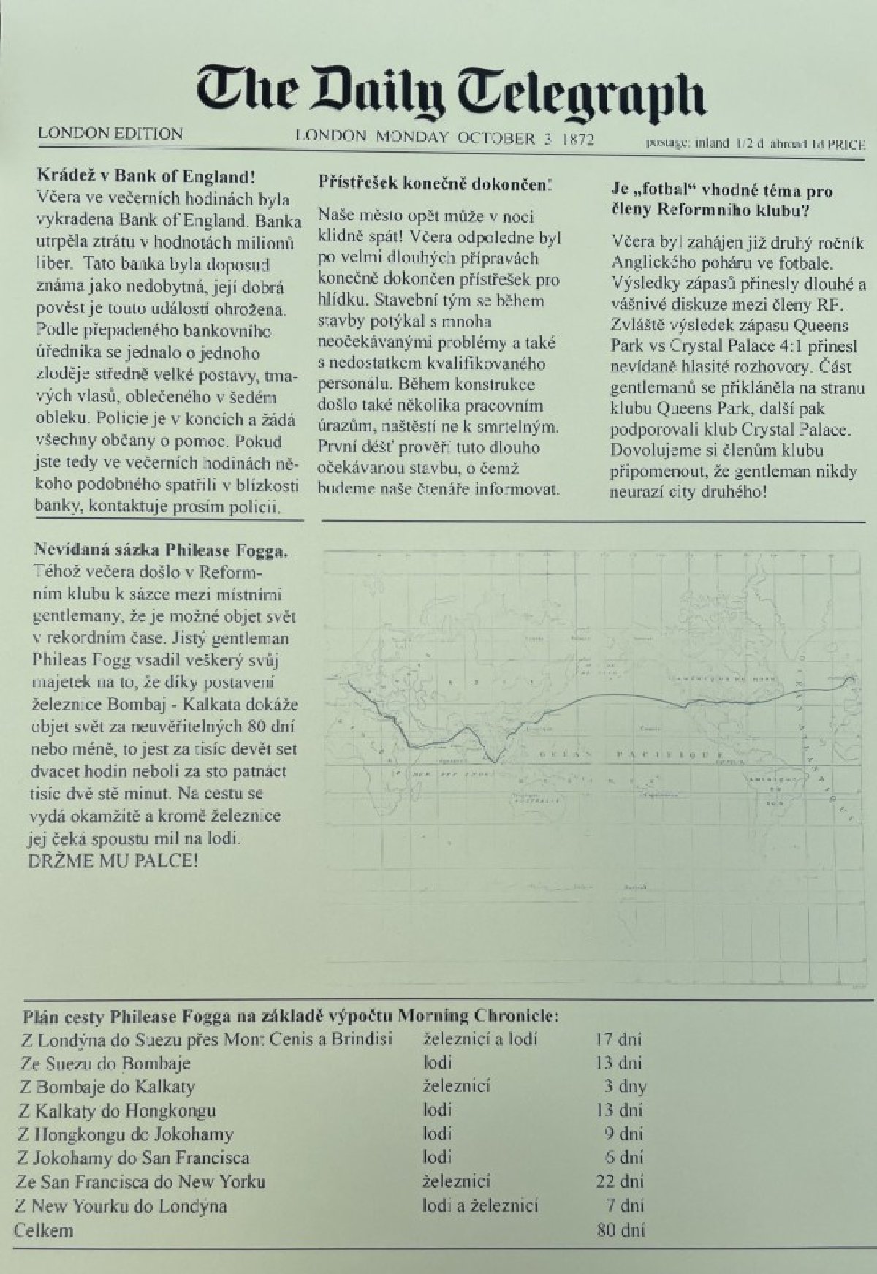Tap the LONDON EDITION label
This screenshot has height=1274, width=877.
coord(110,134)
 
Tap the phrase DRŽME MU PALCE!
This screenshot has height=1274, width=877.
coord(113,860)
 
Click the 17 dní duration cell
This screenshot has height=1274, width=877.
coord(618,1039)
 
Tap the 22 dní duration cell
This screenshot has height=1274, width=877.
coord(620,1181)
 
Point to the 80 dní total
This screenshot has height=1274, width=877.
coord(620,1229)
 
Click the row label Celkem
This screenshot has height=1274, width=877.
coord(45,1229)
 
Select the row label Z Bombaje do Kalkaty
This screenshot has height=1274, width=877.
coord(107,1086)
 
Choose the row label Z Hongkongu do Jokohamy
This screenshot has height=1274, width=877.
coord(125,1134)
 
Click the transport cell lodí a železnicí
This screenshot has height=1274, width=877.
coord(480,1205)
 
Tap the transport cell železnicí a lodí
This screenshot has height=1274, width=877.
coord(480,1039)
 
